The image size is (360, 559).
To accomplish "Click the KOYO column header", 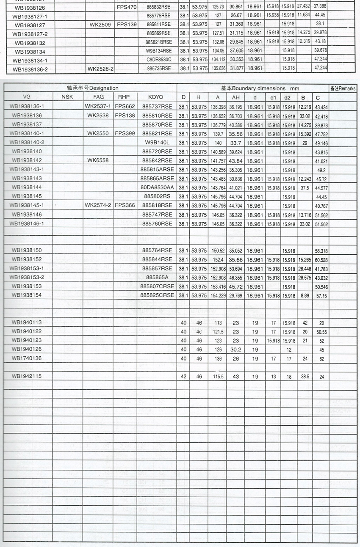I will [156, 97].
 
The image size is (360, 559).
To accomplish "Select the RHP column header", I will [123, 97].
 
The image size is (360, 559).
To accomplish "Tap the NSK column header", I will [67, 97].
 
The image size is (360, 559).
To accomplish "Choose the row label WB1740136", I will [26, 358].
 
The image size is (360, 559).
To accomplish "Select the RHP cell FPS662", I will [125, 106].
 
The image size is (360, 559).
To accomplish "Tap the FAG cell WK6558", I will [98, 160].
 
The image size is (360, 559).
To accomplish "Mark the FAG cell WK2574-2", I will [98, 205].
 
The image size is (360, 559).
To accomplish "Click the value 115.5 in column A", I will [218, 376].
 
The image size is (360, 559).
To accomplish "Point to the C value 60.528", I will [321, 259].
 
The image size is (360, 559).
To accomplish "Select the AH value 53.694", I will [236, 268].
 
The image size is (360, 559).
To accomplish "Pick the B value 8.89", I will [304, 295].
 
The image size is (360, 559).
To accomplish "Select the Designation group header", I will [92, 88].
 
